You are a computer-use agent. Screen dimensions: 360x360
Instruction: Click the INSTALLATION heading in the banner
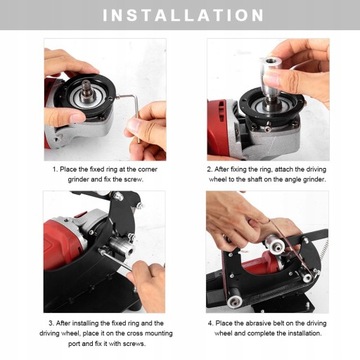[183, 15]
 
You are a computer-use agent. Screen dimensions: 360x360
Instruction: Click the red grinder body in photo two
[217, 127]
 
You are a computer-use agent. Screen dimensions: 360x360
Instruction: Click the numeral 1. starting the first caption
[55, 169]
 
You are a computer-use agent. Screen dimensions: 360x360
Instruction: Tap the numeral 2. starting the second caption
[209, 169]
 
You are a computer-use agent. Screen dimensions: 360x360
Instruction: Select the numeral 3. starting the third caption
[51, 323]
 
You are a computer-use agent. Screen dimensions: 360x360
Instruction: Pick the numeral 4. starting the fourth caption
[210, 323]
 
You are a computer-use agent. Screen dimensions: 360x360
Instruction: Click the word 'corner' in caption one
[148, 169]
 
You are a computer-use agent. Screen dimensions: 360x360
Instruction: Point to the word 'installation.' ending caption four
[305, 333]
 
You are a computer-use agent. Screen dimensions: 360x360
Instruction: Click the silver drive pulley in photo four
[276, 246]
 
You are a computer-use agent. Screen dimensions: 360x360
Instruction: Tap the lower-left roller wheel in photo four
[234, 301]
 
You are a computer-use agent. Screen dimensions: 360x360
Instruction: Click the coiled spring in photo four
[323, 252]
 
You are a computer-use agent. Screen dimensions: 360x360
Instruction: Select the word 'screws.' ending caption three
[135, 344]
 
